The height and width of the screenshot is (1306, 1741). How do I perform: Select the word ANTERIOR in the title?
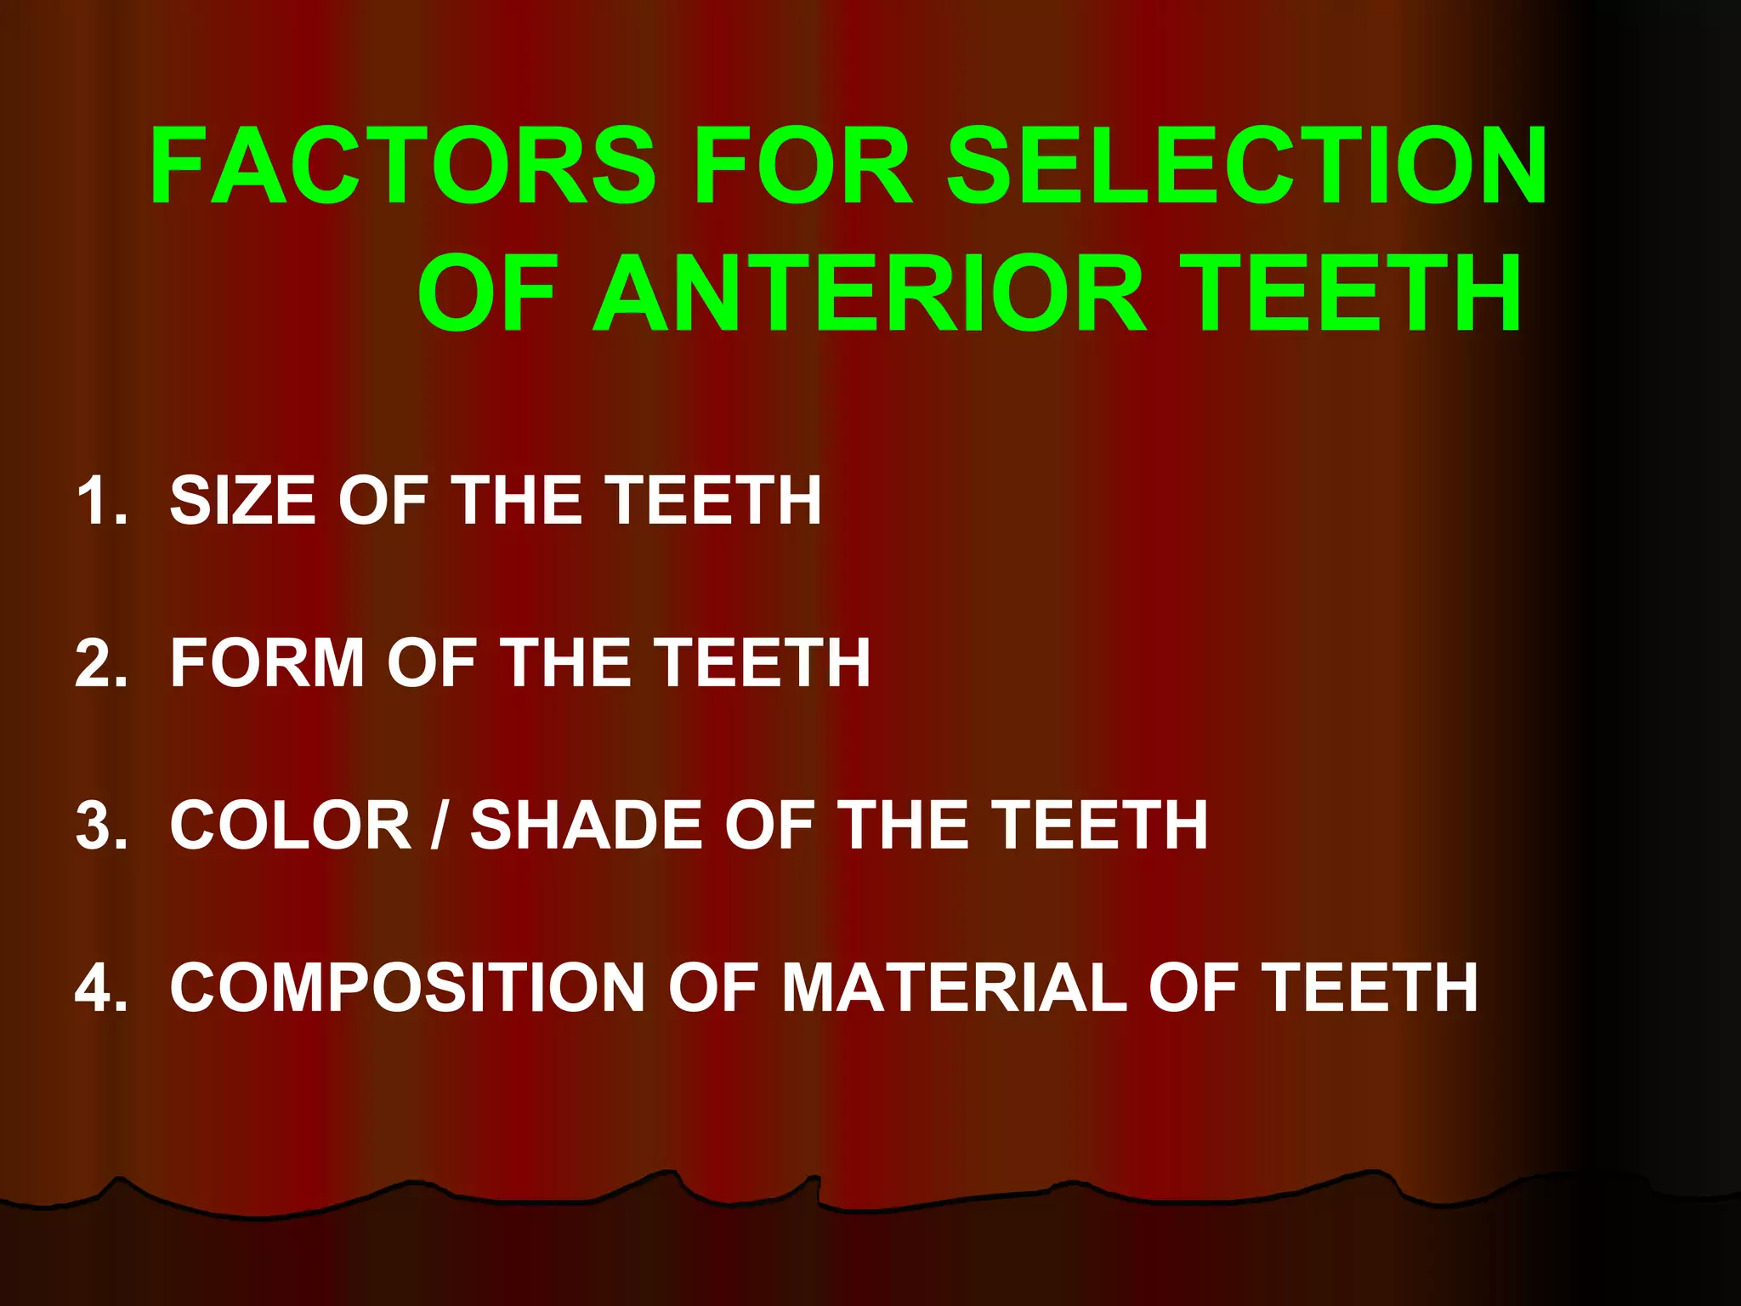pos(870,293)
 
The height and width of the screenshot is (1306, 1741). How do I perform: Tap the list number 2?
pos(100,663)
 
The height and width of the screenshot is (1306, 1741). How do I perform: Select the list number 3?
pos(100,825)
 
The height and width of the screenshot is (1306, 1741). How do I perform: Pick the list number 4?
pos(100,988)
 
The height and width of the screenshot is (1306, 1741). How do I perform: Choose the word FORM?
pos(268,663)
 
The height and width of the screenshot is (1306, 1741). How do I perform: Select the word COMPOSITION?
pos(408,988)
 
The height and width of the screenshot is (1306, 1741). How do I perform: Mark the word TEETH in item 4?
pos(1370,988)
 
